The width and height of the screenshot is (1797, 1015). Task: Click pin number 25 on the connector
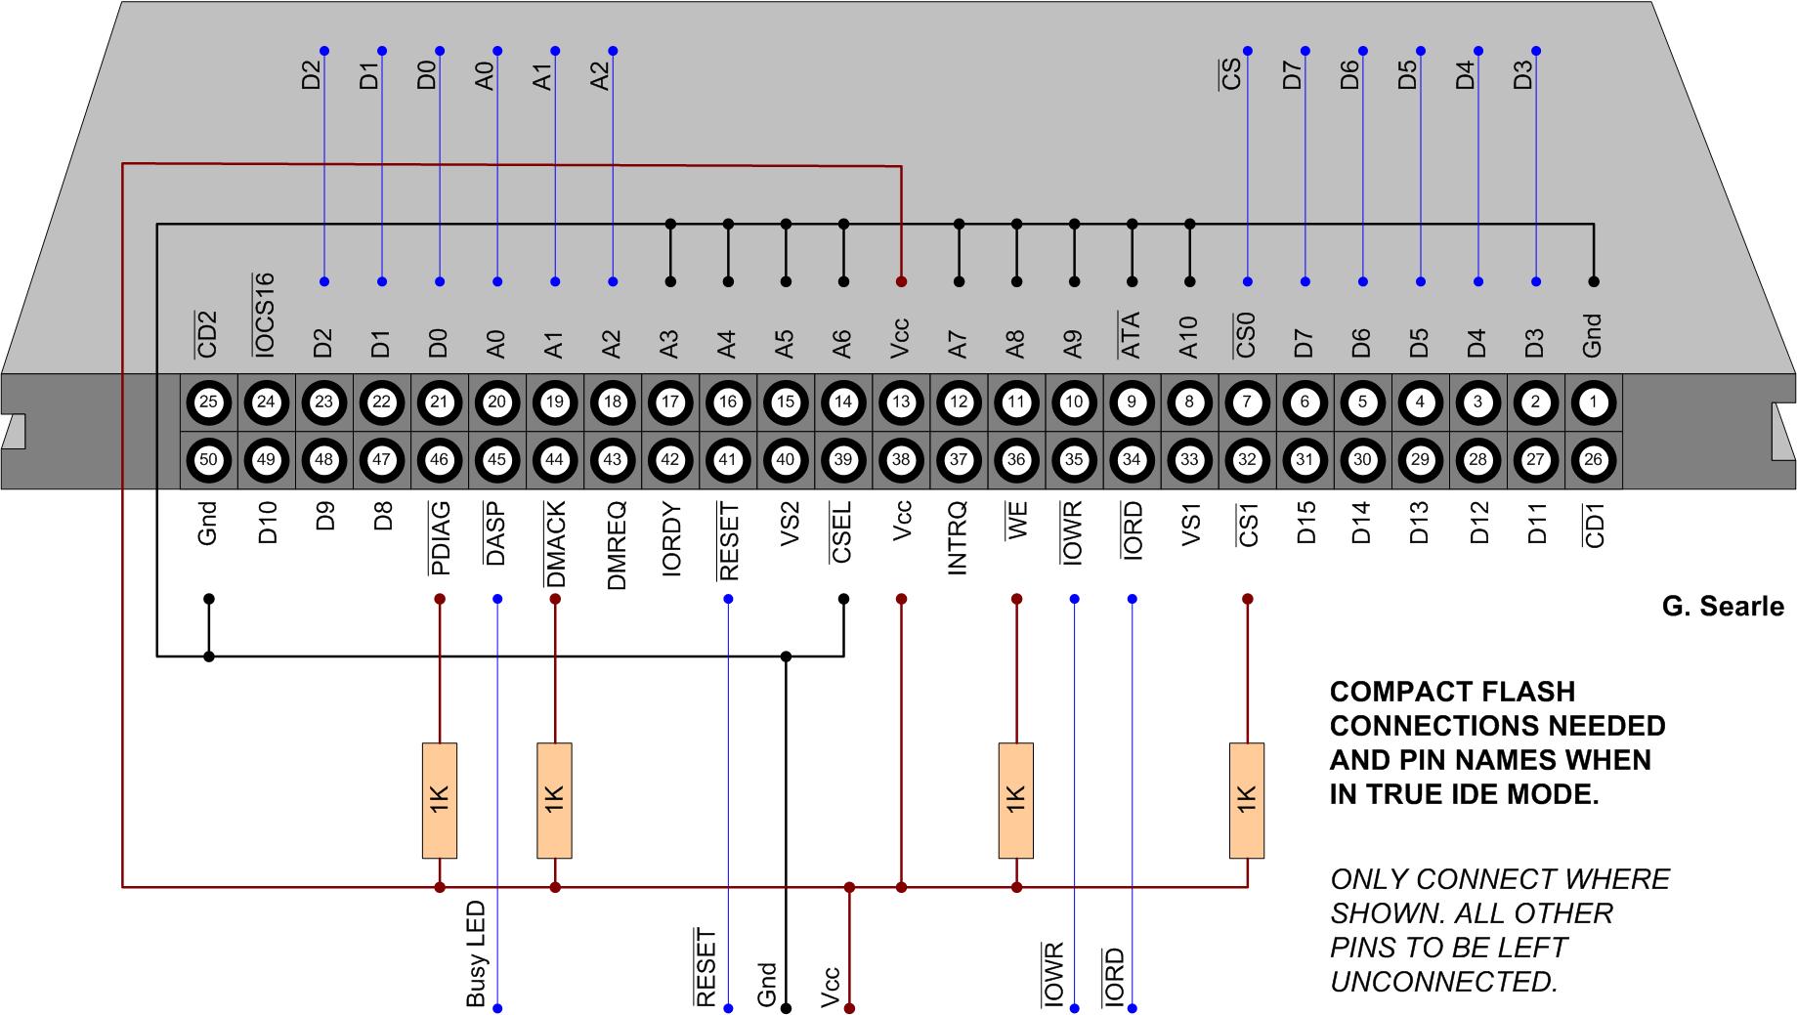point(208,402)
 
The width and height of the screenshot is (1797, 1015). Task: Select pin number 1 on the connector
point(1593,402)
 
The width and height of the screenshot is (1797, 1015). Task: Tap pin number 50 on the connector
point(208,459)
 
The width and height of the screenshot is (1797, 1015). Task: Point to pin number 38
point(901,459)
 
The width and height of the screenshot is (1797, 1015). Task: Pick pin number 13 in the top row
point(901,402)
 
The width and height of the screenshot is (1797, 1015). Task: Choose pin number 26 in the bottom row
point(1593,459)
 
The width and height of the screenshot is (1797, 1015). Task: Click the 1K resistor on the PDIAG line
point(440,800)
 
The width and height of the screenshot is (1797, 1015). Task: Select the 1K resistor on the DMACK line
point(555,800)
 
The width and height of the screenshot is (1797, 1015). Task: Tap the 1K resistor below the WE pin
point(1016,800)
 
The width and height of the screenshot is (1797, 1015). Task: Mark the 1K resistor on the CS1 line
point(1247,800)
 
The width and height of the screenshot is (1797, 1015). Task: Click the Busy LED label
point(476,954)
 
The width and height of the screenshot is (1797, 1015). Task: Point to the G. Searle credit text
point(1723,607)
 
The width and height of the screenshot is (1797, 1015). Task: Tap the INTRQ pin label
point(958,537)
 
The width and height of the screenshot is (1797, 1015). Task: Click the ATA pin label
point(1131,333)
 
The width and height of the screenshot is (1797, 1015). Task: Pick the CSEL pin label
point(842,533)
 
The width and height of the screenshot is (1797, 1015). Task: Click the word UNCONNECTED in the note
point(1443,982)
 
